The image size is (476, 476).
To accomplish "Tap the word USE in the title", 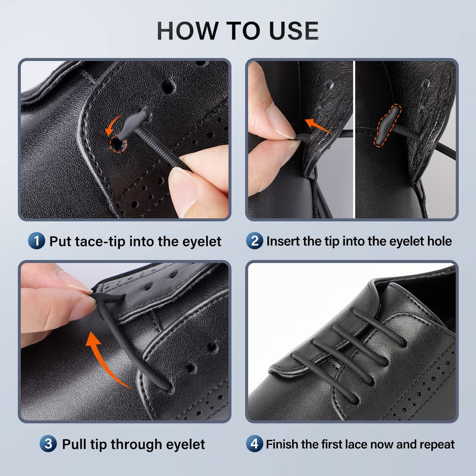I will [294, 31].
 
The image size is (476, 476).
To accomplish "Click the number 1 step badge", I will [36, 241].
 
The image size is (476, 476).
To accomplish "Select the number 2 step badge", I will [254, 241].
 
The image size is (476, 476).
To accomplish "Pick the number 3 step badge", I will [48, 444].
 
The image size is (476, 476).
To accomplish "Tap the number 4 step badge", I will [254, 444].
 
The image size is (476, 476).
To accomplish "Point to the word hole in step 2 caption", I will [439, 241].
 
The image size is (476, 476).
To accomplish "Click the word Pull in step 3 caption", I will [74, 444].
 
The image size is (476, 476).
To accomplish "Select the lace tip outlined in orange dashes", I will [387, 125].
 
